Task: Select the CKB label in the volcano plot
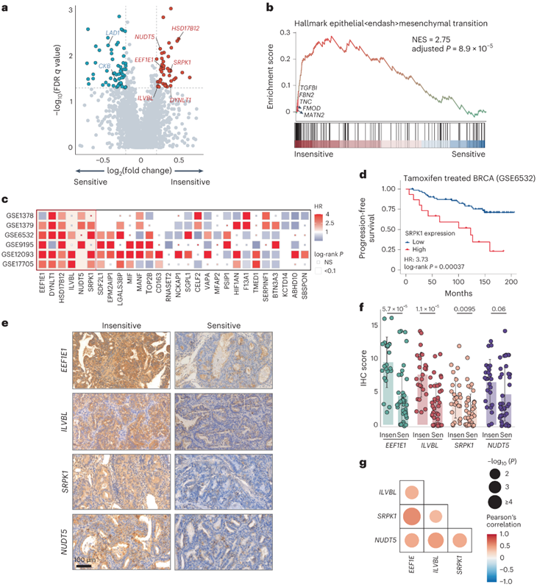(105, 66)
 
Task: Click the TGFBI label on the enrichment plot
(310, 88)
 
